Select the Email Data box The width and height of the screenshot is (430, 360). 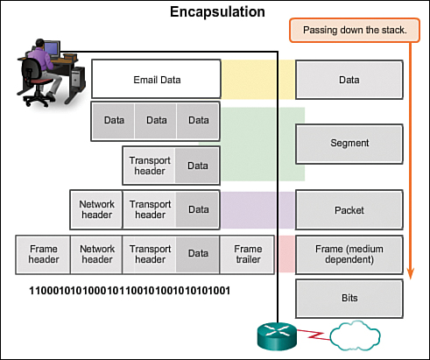(156, 80)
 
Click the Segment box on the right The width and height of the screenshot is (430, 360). (349, 143)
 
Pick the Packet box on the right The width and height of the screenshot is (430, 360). (349, 210)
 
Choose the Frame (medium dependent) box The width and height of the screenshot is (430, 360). (349, 254)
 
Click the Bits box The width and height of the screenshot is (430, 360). (349, 299)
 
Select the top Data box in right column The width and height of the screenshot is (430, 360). (349, 80)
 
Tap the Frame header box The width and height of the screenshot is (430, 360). (43, 254)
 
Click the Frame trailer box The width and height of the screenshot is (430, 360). (248, 254)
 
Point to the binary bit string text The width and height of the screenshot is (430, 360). (130, 290)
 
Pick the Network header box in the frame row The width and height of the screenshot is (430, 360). (96, 254)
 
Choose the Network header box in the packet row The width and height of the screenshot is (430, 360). (96, 210)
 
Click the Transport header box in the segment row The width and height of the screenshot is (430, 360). (150, 166)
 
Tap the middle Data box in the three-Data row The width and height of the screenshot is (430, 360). (156, 121)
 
